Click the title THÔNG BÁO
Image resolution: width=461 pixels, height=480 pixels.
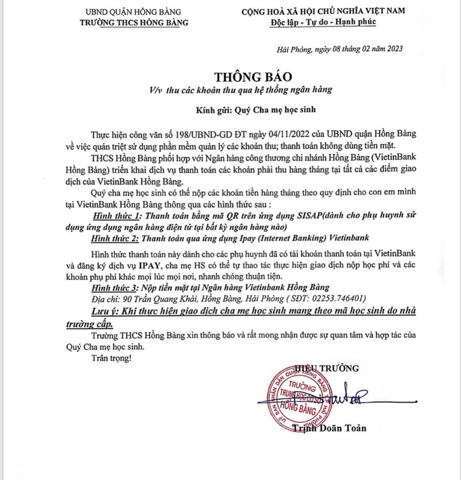254,77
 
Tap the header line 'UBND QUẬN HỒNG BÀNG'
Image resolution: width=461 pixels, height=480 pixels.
133,12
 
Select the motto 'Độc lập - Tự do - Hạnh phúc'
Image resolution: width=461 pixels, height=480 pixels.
323,22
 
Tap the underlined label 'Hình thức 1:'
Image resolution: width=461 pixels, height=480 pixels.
116,215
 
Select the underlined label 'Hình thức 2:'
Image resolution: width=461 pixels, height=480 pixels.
115,238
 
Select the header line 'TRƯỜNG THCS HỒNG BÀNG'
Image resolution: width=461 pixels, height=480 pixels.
134,22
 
